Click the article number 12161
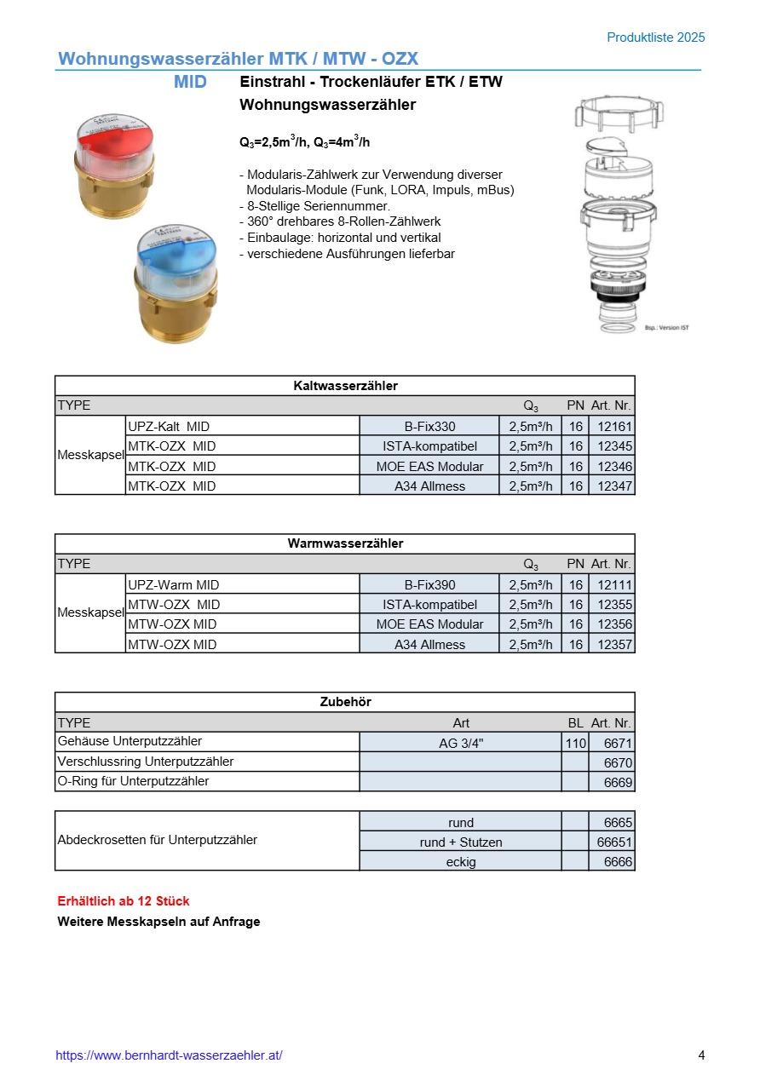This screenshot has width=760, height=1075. pos(614,426)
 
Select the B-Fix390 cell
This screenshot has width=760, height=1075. pos(429,584)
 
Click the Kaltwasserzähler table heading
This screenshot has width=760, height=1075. pos(345,386)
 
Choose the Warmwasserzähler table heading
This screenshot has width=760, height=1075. pos(345,543)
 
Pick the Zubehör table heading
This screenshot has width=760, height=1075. pos(345,702)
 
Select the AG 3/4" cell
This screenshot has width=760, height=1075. pos(461,743)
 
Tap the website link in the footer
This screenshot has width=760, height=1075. pos(169,1055)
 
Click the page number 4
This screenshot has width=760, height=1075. pos(701,1055)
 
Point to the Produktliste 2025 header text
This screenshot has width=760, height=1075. pos(656,37)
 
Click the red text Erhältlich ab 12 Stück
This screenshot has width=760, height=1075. pos(124,901)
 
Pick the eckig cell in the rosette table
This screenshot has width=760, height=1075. pos(461,862)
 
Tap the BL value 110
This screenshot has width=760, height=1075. pos(575,743)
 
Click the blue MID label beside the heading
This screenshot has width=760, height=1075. pos(190,83)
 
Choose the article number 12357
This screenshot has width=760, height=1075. pos(614,645)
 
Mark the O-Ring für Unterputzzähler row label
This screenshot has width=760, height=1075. pos(133,781)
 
